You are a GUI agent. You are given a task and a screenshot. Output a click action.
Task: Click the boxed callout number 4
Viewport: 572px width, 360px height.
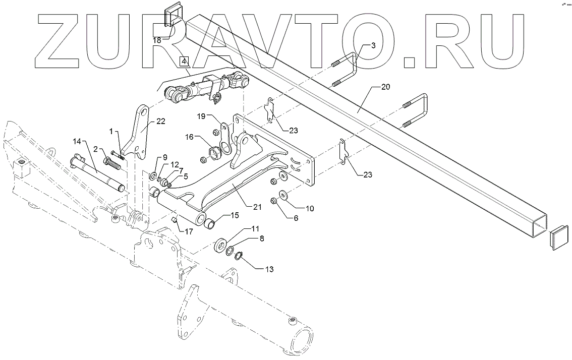[184, 62]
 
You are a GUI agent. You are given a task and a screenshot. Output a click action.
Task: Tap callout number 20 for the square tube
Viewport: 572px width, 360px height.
[385, 87]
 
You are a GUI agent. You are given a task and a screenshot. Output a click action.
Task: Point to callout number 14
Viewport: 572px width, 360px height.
[77, 142]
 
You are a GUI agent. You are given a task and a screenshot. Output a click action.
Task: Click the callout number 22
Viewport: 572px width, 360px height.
[160, 121]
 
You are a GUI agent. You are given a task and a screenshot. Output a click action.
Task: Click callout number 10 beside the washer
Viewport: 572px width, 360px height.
[309, 208]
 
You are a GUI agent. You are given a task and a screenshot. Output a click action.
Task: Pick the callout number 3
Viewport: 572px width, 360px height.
[373, 45]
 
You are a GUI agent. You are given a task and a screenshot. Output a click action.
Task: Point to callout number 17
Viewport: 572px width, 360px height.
[189, 232]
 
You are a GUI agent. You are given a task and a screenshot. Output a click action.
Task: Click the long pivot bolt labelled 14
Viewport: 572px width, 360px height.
[96, 172]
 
